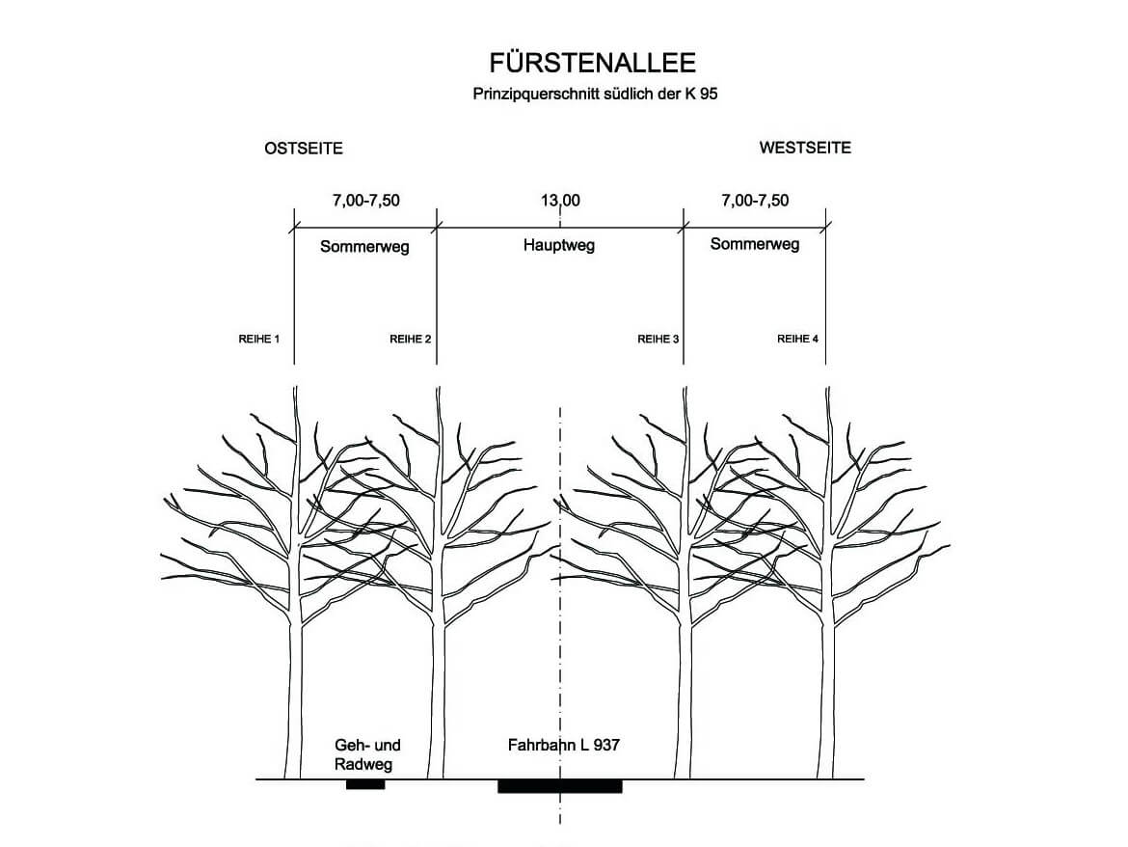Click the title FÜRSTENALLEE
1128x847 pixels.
(x=592, y=64)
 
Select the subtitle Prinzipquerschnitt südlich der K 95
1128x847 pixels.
(x=596, y=95)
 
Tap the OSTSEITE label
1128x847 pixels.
(x=304, y=149)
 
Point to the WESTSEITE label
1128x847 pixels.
(x=805, y=148)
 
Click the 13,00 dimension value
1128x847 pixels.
(x=560, y=201)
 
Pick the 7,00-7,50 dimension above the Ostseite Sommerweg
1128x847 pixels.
(x=365, y=201)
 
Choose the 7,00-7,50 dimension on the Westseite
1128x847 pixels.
(x=755, y=201)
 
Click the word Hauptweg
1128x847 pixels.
(x=559, y=245)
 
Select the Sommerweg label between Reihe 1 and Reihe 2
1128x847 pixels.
(x=364, y=246)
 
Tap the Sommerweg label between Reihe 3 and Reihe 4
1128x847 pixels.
(x=755, y=244)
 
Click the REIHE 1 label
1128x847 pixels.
(x=258, y=340)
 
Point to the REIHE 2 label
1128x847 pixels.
(x=411, y=340)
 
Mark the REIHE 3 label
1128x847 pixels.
(x=658, y=340)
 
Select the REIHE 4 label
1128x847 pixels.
(x=798, y=340)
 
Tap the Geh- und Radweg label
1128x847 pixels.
(x=367, y=754)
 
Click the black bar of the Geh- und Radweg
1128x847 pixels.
(x=365, y=784)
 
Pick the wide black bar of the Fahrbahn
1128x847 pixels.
(x=559, y=786)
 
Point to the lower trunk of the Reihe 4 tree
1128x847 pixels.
(x=826, y=704)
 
